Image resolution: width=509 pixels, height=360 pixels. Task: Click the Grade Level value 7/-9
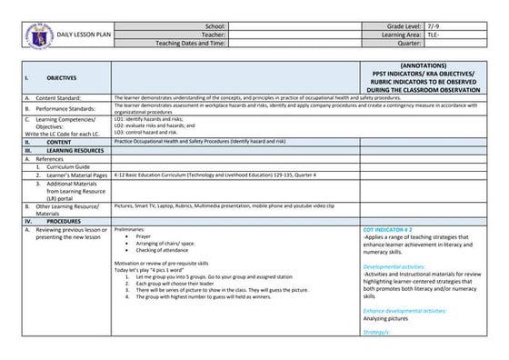(x=434, y=27)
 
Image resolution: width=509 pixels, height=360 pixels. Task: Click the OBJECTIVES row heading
(x=62, y=79)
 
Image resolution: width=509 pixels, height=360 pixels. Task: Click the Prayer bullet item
(x=144, y=235)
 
